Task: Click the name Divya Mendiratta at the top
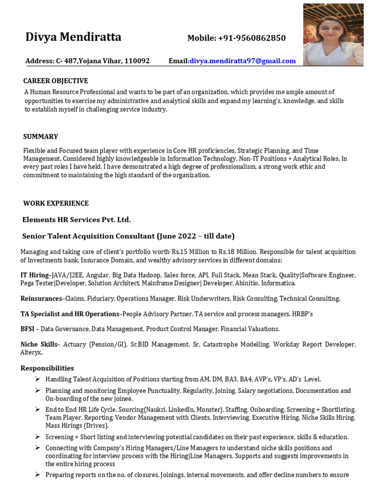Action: click(73, 38)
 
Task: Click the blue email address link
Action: click(242, 61)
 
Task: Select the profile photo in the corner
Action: click(333, 33)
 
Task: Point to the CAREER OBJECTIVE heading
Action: click(56, 80)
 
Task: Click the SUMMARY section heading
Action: click(40, 136)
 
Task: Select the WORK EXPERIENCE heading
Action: click(56, 203)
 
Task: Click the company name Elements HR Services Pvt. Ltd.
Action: click(77, 220)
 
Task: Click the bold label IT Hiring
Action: click(34, 275)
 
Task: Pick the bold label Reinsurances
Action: click(41, 298)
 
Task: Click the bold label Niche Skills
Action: click(38, 344)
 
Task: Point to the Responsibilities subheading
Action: click(47, 368)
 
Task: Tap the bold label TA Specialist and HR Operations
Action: click(69, 314)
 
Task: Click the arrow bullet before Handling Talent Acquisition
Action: click(37, 379)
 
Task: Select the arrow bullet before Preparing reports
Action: click(37, 475)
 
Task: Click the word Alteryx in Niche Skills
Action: click(31, 352)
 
